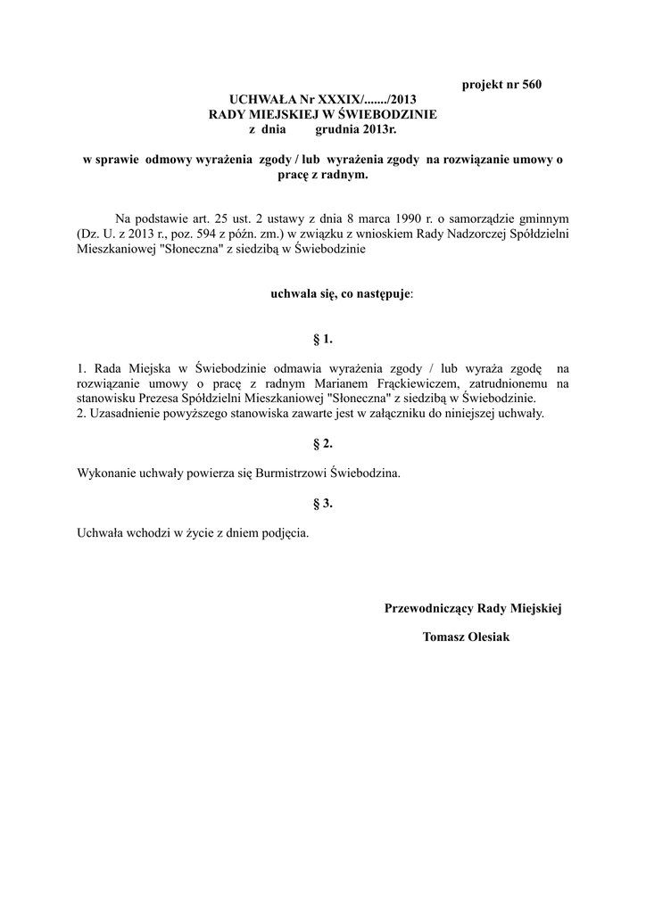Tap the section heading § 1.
(x=323, y=339)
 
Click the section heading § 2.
(x=323, y=443)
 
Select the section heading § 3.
(x=323, y=503)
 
